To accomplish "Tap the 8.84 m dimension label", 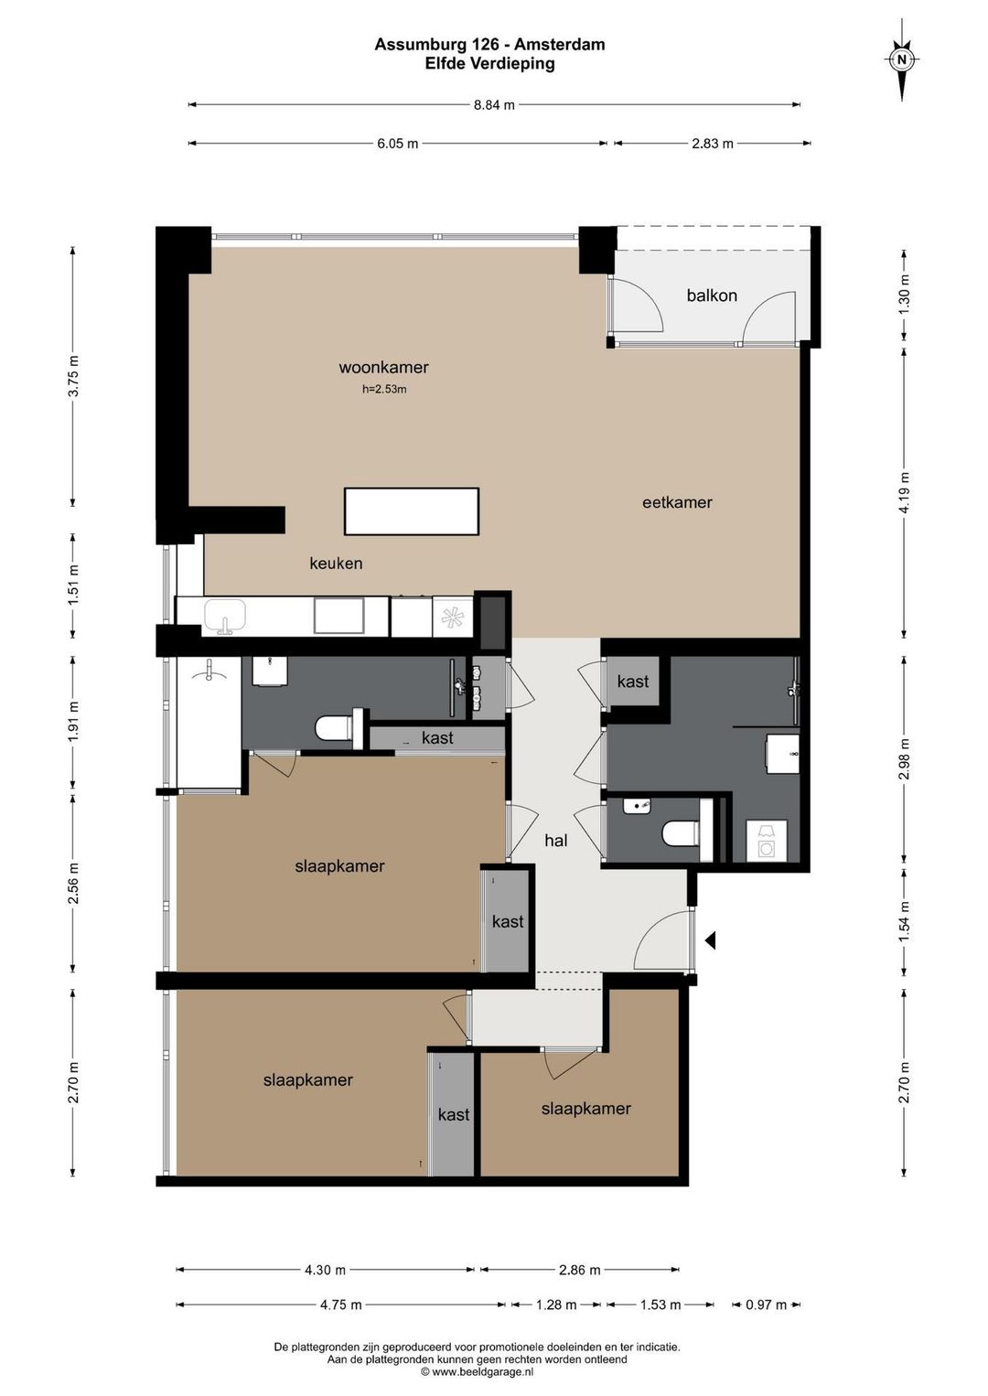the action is (x=494, y=104).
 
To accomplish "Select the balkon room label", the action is (x=711, y=295).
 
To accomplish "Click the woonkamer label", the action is (x=383, y=367).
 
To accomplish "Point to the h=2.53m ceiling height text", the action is (x=384, y=390).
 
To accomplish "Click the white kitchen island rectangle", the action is (x=412, y=511).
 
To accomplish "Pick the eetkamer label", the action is (x=677, y=502).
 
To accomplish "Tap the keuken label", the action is (x=336, y=564).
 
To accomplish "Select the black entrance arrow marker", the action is (x=709, y=940).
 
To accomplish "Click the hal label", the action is (x=555, y=841).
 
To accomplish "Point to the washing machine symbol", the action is (x=766, y=841).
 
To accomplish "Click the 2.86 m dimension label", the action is (x=580, y=1270).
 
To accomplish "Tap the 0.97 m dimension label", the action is (x=766, y=1305).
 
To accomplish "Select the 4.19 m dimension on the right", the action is (x=904, y=492).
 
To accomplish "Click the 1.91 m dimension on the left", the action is (x=73, y=722).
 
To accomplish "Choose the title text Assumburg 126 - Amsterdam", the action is (x=489, y=44).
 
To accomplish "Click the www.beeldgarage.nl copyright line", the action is (x=477, y=1371).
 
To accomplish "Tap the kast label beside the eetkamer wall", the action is (x=633, y=682).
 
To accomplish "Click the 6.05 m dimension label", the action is (x=397, y=144).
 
